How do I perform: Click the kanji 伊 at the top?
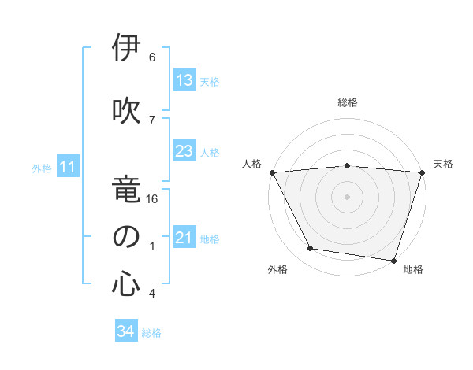tap(125, 49)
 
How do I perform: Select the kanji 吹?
tap(125, 109)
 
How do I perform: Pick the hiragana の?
tap(125, 236)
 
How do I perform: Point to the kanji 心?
tap(125, 283)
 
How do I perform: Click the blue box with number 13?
tap(184, 81)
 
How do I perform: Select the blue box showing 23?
tap(184, 151)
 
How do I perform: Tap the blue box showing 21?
tap(184, 238)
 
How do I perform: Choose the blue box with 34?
tap(125, 331)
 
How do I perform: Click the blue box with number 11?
tap(68, 167)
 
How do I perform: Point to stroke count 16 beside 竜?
tap(153, 200)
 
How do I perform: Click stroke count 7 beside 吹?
tap(152, 119)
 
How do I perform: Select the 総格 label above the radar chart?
tap(348, 102)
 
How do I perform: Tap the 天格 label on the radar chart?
tap(443, 164)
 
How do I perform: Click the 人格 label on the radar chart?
tap(252, 164)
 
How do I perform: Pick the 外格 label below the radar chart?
tap(277, 270)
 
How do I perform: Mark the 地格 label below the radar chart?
tap(413, 270)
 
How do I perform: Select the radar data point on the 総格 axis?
tap(348, 165)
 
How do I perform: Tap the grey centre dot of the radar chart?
tap(348, 196)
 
